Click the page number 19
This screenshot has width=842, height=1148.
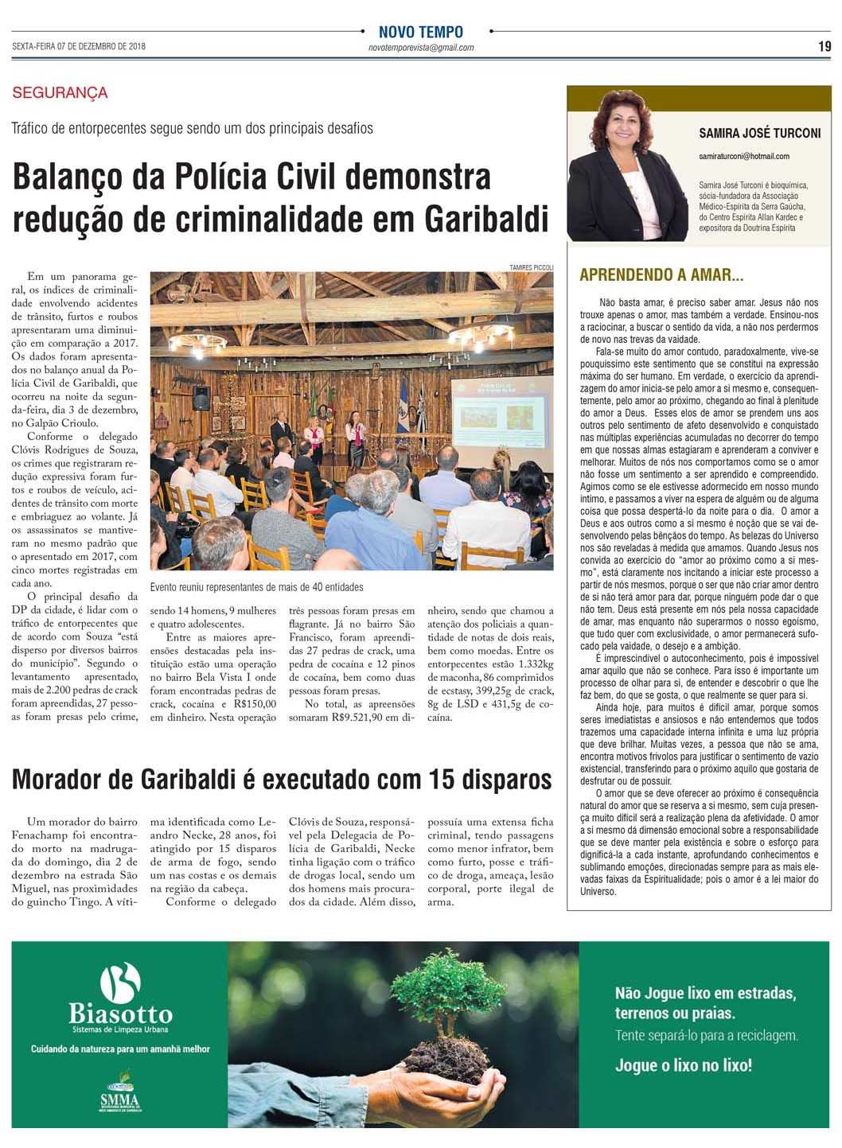[x=824, y=47]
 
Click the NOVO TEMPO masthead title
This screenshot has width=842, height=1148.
[x=420, y=32]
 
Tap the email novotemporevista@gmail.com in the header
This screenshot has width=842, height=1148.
[x=420, y=48]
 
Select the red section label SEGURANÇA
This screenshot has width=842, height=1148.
[x=60, y=93]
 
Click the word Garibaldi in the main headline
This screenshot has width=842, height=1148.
[x=486, y=219]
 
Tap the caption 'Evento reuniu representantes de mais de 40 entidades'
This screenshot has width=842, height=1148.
[x=256, y=587]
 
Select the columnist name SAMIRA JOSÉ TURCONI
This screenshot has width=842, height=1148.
[x=759, y=134]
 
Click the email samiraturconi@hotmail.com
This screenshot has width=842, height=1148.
[x=744, y=156]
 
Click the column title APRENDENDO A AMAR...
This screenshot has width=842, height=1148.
[x=661, y=275]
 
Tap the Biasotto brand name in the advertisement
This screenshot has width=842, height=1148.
[x=120, y=1014]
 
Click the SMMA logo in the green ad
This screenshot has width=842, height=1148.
[x=119, y=1099]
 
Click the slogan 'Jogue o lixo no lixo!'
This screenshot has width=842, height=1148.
[x=683, y=1065]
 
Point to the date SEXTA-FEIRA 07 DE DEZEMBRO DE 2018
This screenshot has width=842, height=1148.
[x=79, y=47]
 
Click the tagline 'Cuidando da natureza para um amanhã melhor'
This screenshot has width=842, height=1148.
[x=120, y=1049]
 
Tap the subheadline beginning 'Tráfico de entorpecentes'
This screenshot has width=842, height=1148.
[x=192, y=128]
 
